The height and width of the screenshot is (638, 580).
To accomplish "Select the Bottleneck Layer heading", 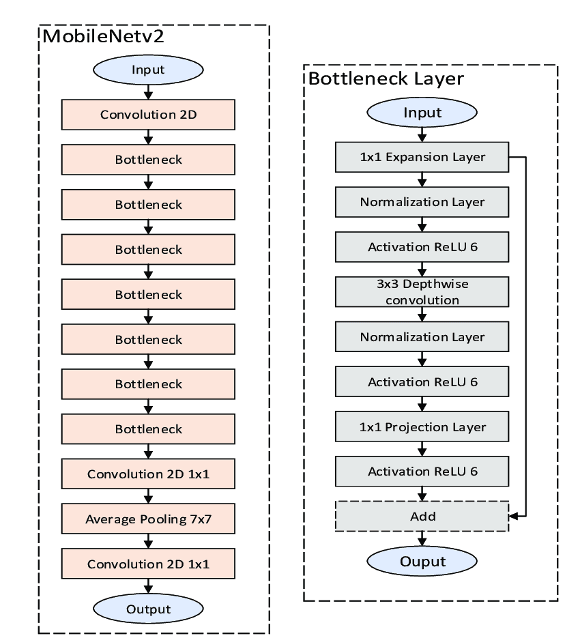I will point(386,78).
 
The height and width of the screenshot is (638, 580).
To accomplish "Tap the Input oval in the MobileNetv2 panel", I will point(149,70).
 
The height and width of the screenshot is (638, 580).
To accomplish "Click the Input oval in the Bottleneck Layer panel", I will point(422,113).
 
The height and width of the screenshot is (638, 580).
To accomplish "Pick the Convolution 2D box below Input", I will point(149,115).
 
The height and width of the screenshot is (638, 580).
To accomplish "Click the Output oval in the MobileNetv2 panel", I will point(149,609).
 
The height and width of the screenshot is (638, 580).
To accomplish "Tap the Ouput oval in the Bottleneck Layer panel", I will point(422,562).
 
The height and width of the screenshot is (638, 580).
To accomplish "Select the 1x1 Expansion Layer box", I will point(422,157).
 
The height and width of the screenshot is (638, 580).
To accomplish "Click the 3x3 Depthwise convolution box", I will point(422,291).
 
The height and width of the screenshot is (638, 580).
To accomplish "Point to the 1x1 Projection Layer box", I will point(422,427).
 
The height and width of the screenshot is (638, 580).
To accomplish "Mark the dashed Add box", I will point(422,517).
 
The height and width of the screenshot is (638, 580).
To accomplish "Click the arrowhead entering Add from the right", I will point(514,517).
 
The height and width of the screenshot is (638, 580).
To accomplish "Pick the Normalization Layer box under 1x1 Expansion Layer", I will point(422,202).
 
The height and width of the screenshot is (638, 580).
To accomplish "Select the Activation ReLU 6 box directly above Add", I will point(422,472).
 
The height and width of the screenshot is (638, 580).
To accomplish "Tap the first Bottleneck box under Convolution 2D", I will point(149,160).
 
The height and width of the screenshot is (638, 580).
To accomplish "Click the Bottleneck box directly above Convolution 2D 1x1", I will point(149,430).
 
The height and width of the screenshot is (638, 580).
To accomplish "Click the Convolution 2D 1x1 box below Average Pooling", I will point(149,565).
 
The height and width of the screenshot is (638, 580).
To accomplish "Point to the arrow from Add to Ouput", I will point(422,539).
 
